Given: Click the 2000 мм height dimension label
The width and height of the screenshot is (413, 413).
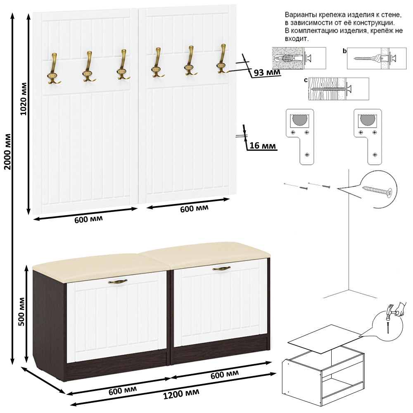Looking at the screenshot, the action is click(x=7, y=152).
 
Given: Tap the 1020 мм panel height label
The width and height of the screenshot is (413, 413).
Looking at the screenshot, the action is click(x=24, y=99).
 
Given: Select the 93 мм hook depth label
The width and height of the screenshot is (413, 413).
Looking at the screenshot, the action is click(x=267, y=72).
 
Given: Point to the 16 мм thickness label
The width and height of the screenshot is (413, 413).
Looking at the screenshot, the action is click(x=263, y=145).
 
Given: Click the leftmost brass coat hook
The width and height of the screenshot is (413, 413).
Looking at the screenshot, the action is click(x=54, y=69).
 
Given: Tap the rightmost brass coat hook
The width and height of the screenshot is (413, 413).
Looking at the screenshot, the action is click(x=223, y=59).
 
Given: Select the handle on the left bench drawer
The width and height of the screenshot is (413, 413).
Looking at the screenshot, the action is click(x=118, y=281).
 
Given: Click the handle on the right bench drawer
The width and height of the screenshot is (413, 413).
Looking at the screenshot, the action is click(x=221, y=268).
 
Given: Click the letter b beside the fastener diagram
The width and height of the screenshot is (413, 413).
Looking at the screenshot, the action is click(x=344, y=51).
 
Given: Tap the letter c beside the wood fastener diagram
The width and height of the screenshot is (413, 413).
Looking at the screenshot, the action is click(x=306, y=80).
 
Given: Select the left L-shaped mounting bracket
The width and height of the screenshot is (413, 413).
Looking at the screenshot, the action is click(x=300, y=137).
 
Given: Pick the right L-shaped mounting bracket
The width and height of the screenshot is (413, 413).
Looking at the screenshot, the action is click(x=368, y=137).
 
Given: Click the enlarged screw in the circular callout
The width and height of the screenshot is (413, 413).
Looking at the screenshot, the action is click(x=377, y=190).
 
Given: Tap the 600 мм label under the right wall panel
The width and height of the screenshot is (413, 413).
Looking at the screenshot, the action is click(x=194, y=208).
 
